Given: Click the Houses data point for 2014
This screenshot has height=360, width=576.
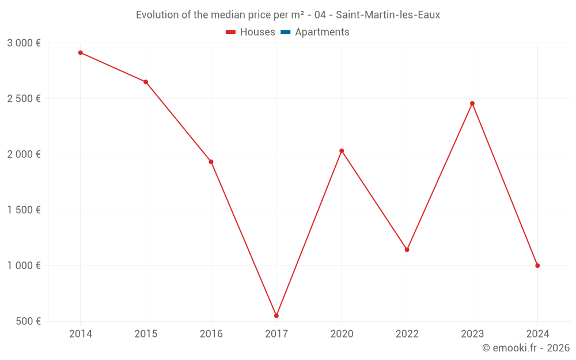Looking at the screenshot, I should [x=81, y=52].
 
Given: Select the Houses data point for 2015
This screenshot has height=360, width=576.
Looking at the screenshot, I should [x=146, y=82].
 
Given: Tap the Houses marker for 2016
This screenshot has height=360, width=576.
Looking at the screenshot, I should [x=211, y=162].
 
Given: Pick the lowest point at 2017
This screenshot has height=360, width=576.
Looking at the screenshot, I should [x=276, y=316].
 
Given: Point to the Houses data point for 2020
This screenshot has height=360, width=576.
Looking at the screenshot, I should [x=342, y=151].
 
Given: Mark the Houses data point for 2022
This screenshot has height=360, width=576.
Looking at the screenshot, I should [x=407, y=249].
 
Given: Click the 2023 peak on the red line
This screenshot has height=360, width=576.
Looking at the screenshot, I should [x=472, y=104].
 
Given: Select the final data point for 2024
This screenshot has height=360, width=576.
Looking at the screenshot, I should [x=537, y=266].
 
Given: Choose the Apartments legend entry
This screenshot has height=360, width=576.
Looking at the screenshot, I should [x=322, y=32].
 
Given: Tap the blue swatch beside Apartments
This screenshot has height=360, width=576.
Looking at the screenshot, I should [x=285, y=32].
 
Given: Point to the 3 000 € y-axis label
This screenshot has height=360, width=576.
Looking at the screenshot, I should [x=24, y=43].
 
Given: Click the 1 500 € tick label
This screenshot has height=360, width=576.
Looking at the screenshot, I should [x=24, y=210].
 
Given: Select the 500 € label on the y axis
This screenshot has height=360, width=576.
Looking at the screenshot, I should [x=28, y=321].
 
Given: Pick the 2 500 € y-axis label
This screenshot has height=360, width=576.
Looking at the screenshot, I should [x=24, y=98].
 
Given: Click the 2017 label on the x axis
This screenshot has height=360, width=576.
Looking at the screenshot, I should [x=276, y=334].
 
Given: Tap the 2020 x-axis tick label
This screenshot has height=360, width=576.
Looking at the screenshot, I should [x=342, y=334].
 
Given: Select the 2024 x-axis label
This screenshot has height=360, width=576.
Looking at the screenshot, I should [x=537, y=334].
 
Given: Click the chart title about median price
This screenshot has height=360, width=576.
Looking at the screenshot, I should [x=288, y=15].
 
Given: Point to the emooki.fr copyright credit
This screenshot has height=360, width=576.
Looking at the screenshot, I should [x=525, y=348].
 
